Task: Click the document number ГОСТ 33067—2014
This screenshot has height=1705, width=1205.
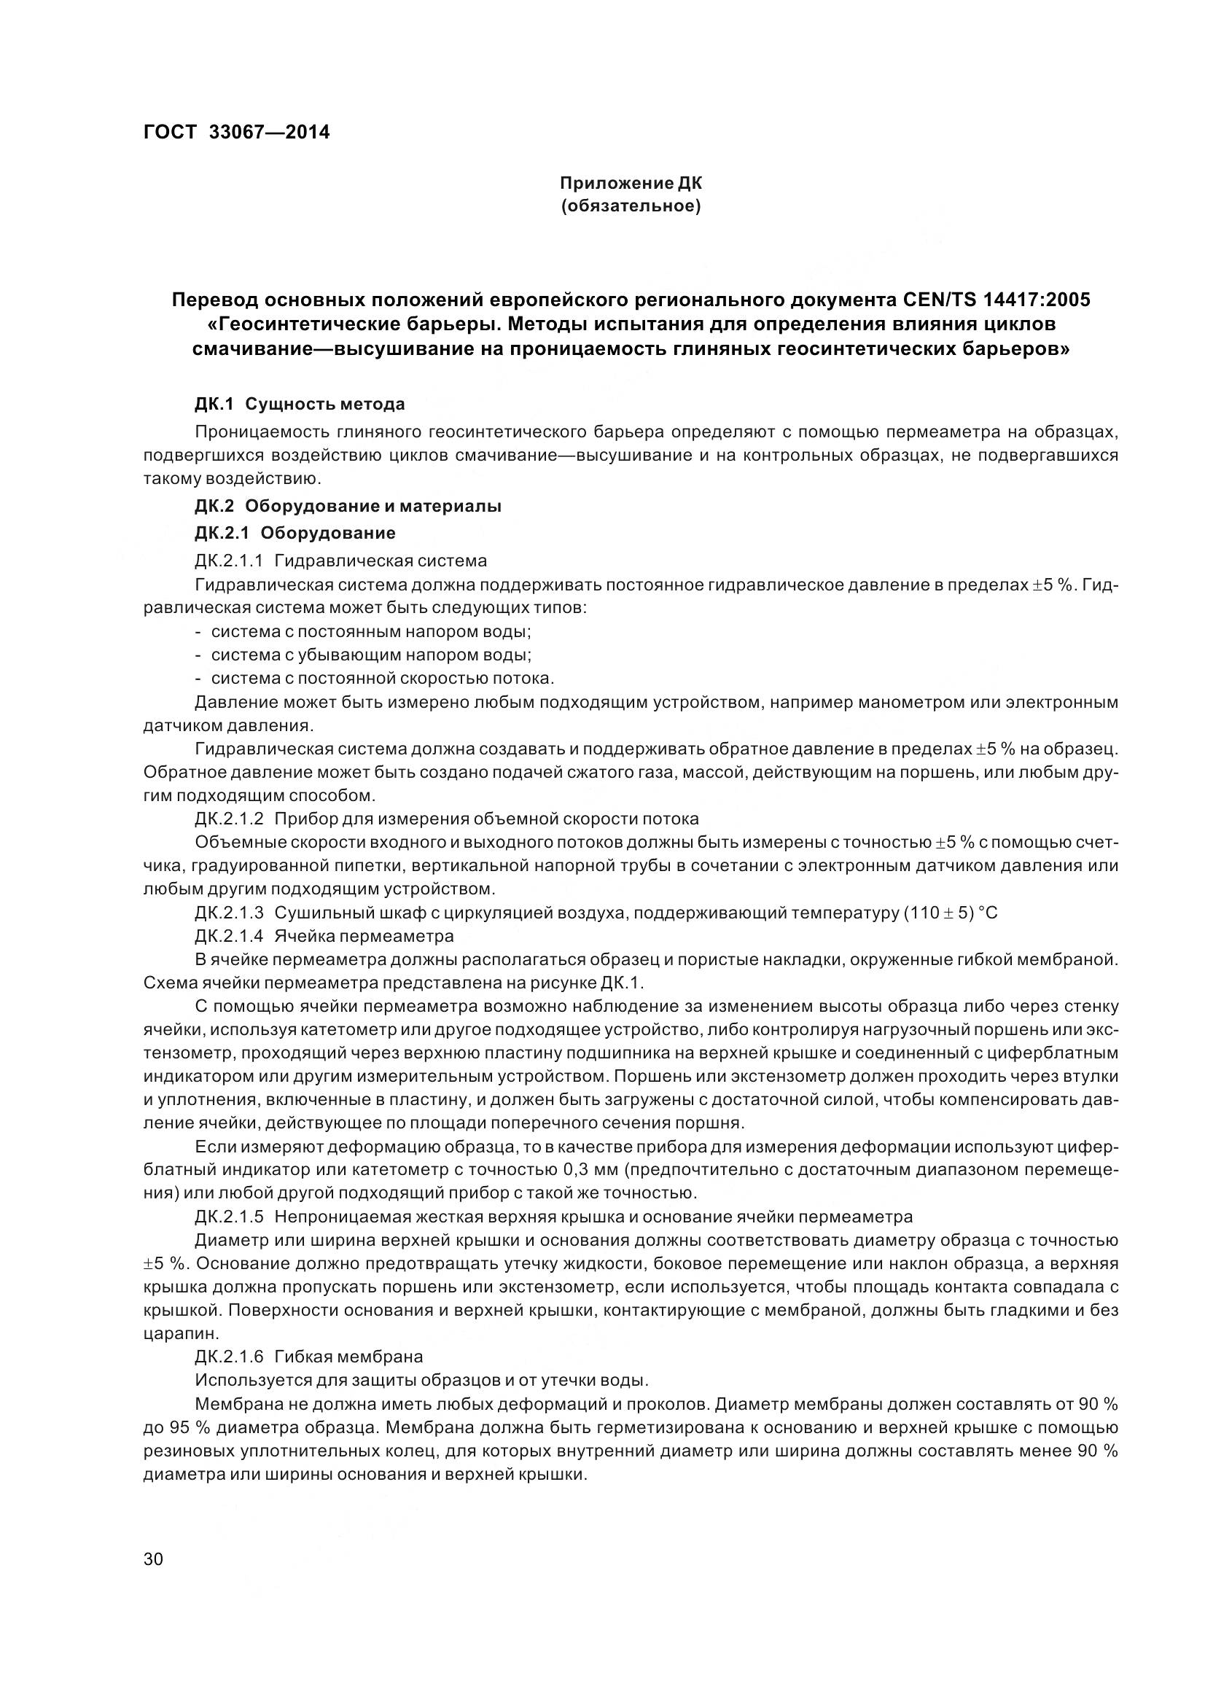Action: coord(236,132)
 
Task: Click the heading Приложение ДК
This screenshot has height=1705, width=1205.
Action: coord(630,183)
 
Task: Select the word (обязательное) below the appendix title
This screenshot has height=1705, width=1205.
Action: coord(630,206)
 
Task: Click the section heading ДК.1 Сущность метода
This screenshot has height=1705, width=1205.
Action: coord(299,404)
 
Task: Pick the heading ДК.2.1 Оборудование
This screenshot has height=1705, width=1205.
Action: coord(295,532)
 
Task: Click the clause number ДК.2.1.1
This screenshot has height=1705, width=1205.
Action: coord(229,560)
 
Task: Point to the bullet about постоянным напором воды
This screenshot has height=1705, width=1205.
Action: coord(370,631)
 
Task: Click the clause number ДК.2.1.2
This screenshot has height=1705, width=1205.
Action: coord(229,819)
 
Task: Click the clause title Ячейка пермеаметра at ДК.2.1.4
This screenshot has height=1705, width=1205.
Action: coord(364,935)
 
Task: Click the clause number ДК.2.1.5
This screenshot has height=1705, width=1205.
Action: coord(229,1217)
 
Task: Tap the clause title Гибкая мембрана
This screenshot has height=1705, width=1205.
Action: coord(348,1357)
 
